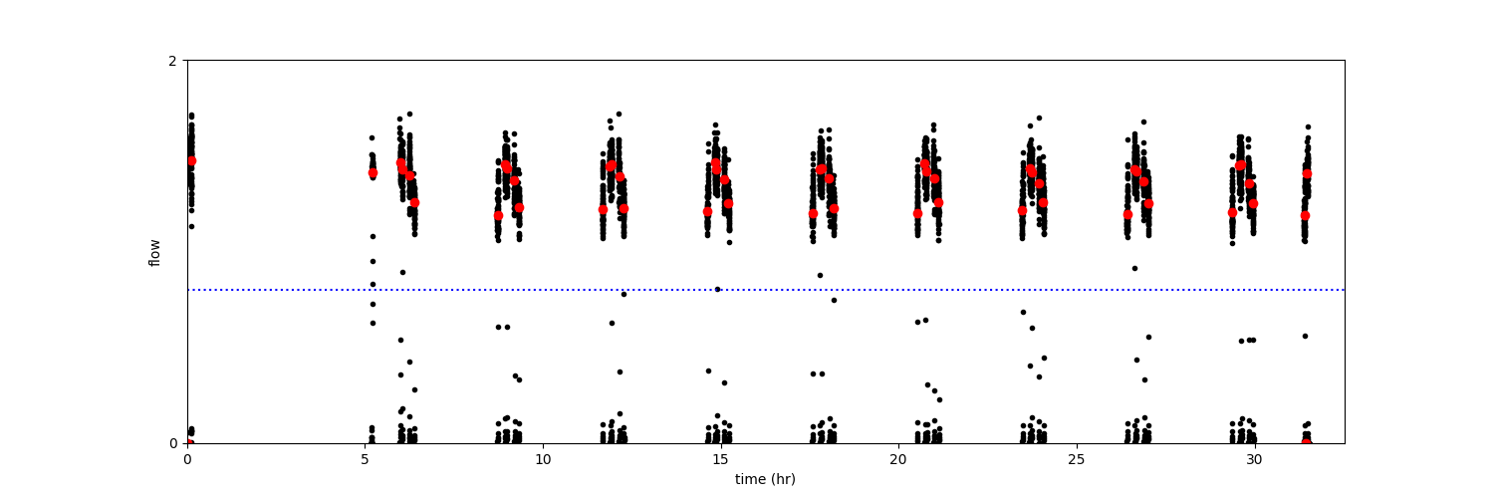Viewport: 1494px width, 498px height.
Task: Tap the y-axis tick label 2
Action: tap(172, 61)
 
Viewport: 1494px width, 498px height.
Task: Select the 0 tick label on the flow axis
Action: tap(172, 443)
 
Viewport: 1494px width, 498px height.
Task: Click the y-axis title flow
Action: tap(154, 252)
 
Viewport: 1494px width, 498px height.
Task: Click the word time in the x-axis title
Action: tap(749, 479)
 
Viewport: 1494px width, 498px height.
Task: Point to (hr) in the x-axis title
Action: tap(782, 479)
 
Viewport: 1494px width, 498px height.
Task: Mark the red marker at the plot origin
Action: tap(188, 442)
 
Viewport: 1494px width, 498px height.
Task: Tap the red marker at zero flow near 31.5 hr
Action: tap(1306, 442)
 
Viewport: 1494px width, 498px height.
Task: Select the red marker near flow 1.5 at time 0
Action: tap(191, 160)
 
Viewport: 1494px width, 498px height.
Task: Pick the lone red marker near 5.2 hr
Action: tap(373, 172)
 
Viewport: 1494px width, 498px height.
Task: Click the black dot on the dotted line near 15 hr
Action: tap(717, 289)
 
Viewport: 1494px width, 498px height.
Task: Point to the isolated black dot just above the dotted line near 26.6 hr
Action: tap(1133, 268)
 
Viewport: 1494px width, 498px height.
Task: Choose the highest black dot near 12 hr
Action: tap(619, 114)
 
